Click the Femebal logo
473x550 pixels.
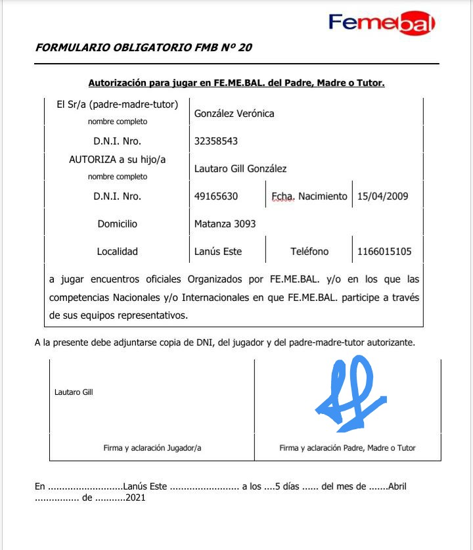(382, 24)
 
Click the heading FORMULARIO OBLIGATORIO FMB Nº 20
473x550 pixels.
(143, 47)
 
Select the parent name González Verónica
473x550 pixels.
(234, 114)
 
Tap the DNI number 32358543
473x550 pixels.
(215, 141)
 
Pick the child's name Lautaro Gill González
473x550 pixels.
(240, 169)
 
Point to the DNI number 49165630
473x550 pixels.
(215, 196)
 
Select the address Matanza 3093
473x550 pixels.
(225, 224)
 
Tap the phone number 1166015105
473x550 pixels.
(384, 252)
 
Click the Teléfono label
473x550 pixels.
(309, 252)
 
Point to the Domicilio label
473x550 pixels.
(118, 224)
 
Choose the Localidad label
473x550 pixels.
(118, 252)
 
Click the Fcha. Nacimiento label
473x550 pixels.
(309, 196)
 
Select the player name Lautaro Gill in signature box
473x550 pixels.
(74, 392)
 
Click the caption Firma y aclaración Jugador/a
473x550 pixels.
(152, 448)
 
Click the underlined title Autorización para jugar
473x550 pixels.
(236, 83)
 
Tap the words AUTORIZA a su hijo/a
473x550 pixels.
(118, 159)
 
